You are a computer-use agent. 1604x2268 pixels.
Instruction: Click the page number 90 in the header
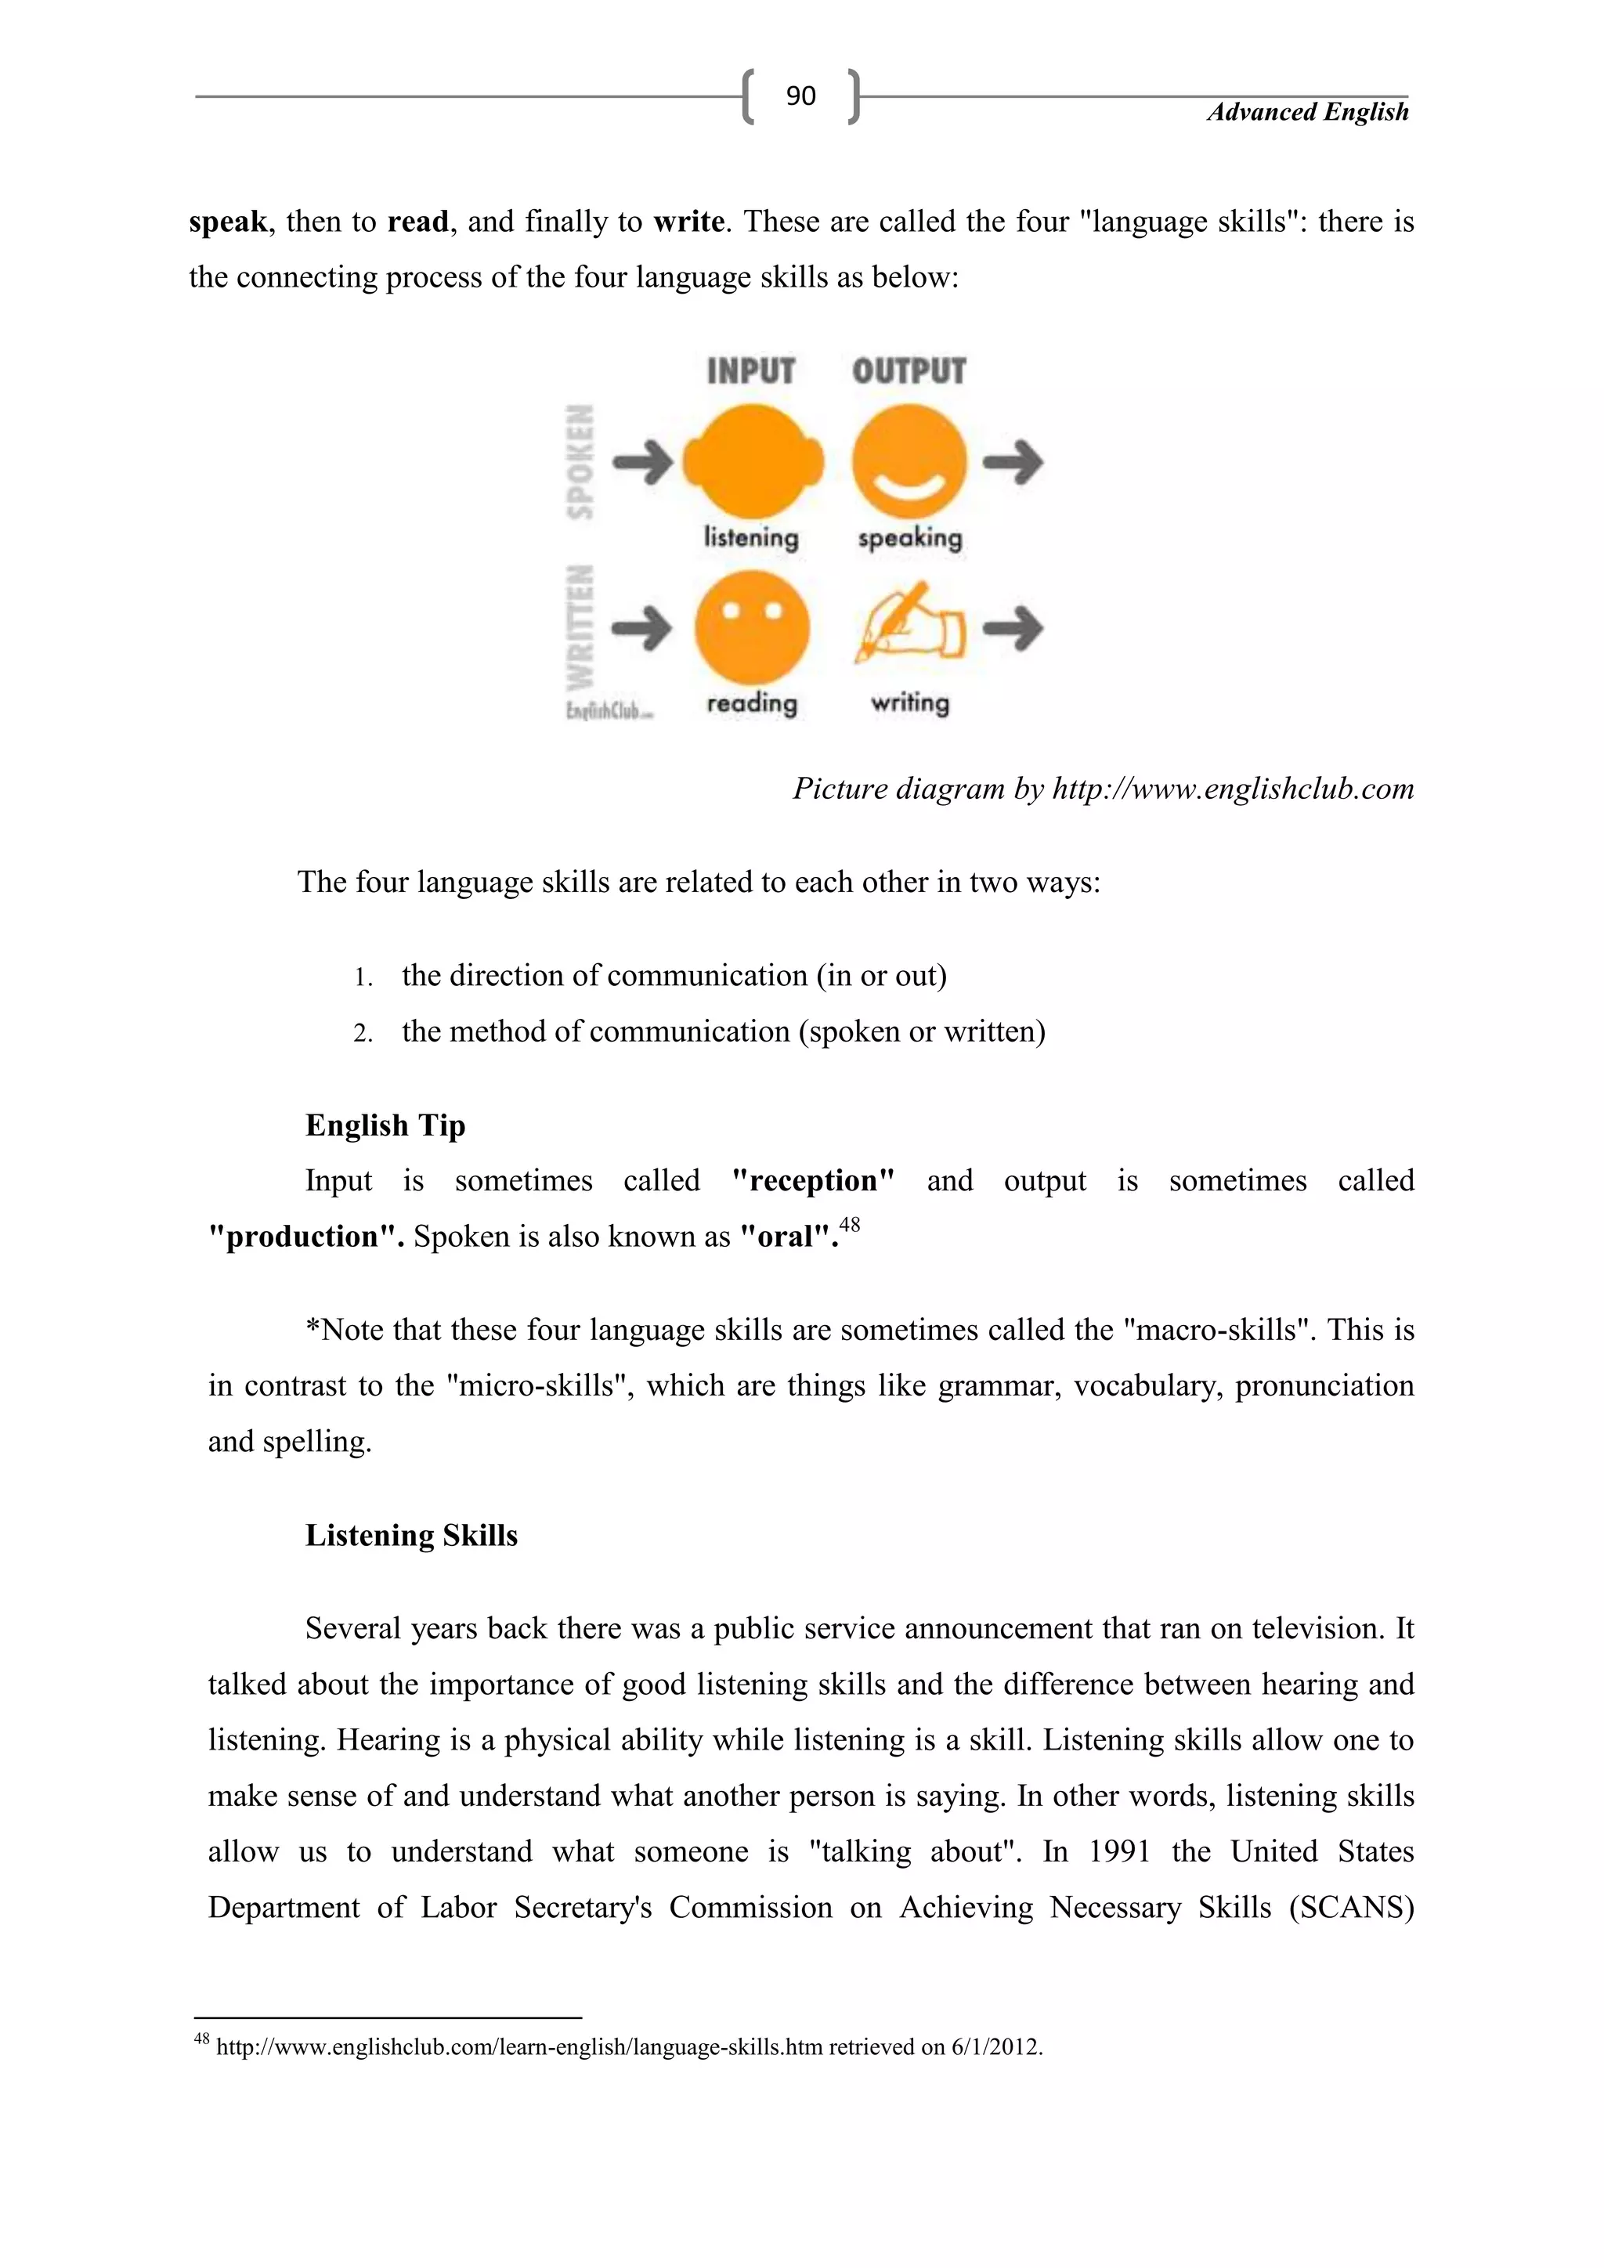800,96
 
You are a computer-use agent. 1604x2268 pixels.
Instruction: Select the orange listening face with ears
753,460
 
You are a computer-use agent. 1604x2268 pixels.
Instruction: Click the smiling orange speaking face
909,460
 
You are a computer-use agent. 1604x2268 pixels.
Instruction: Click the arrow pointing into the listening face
642,461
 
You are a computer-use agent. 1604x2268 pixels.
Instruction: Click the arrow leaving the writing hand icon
1014,628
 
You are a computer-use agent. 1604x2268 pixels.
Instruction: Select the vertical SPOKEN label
582,461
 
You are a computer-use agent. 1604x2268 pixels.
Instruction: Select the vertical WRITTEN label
582,627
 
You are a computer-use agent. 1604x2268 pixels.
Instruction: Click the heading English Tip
385,1125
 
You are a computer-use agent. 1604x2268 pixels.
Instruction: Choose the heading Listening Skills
411,1535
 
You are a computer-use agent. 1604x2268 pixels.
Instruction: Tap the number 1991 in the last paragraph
1119,1851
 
